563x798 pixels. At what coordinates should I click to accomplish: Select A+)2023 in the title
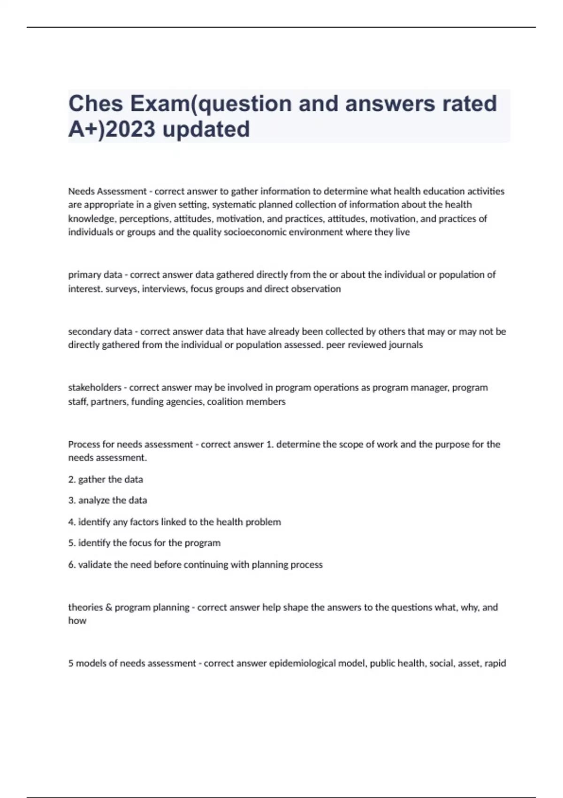point(112,129)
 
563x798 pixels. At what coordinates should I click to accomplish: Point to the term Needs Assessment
point(107,192)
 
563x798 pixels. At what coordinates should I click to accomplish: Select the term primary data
point(95,275)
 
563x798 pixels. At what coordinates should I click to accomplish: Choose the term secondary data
point(100,331)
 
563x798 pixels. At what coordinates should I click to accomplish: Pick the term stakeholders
point(95,388)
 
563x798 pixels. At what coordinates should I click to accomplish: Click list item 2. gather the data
point(106,479)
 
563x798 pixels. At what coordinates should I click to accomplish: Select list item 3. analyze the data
point(107,500)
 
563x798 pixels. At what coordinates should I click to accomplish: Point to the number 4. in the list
point(72,522)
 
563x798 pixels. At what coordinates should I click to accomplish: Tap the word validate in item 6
point(95,565)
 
